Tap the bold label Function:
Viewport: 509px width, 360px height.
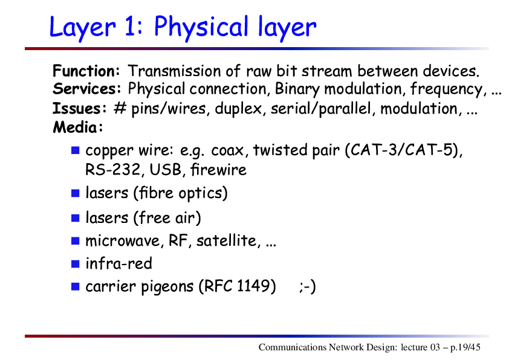tap(86, 71)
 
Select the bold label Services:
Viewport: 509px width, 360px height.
tap(87, 89)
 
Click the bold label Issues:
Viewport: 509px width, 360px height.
tap(80, 108)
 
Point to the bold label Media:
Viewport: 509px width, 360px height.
tap(78, 127)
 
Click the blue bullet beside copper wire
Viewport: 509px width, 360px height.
tap(76, 150)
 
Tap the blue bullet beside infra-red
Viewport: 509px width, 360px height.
tap(76, 264)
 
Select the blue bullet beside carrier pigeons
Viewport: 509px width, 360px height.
tap(76, 286)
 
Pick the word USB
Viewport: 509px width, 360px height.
tap(165, 170)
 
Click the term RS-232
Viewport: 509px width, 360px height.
tap(112, 170)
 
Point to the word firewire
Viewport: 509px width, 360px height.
tap(218, 169)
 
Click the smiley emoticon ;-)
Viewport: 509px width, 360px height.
tap(308, 286)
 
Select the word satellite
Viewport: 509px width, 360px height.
tap(227, 240)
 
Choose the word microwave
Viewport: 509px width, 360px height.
tap(122, 241)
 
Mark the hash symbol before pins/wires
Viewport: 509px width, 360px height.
tap(120, 108)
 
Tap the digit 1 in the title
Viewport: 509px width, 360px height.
tap(129, 27)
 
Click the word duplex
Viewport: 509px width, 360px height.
tap(238, 109)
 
